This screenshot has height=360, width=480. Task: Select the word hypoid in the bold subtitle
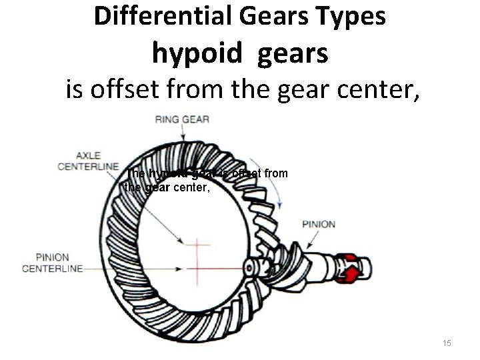pos(194,53)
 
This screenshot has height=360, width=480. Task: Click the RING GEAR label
pos(182,120)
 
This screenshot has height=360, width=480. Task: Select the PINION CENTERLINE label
pos(53,263)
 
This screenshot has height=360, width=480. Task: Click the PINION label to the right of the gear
pos(319,224)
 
